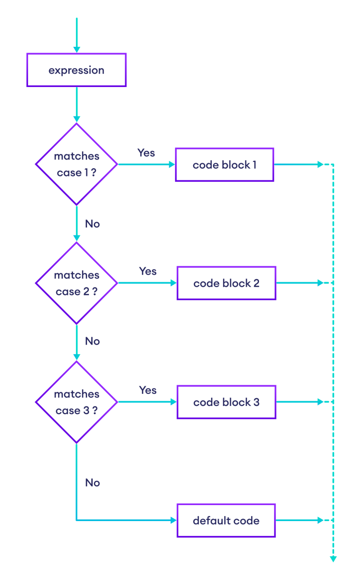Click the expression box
76,70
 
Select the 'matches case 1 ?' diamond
76,164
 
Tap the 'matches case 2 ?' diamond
76,283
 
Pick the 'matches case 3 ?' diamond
76,402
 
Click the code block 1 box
225,165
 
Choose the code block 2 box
226,283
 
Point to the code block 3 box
226,402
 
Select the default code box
226,521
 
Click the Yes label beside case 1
146,153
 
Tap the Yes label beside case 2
147,271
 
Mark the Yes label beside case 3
147,390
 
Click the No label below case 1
92,224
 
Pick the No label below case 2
92,341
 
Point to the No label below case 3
92,483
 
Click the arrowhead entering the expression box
76,49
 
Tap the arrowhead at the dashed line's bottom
333,559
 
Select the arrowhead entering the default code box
173,521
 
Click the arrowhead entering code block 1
172,165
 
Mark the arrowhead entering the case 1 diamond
76,119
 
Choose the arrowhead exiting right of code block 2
320,283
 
